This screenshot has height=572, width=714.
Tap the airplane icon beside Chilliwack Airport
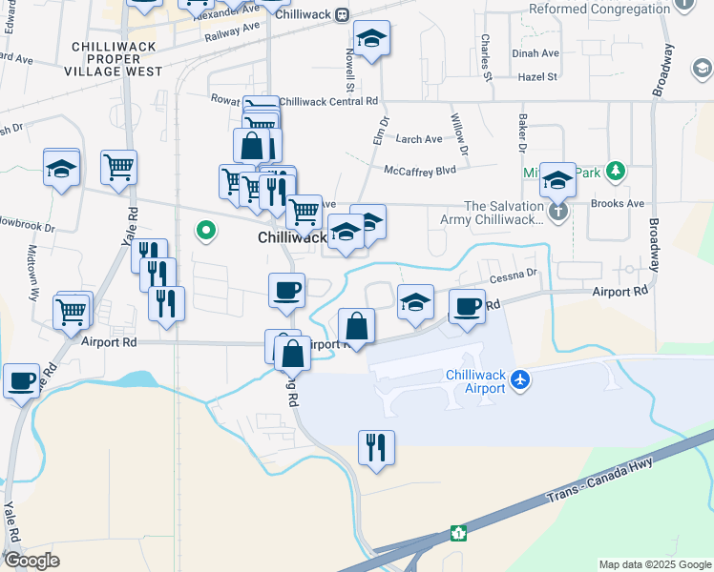pos(520,380)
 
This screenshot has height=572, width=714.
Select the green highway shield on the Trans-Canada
pos(459,533)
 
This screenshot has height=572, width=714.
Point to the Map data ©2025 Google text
pos(654,564)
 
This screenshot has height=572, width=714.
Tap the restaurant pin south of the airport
pos(376,445)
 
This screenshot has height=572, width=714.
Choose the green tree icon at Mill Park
pos(616,172)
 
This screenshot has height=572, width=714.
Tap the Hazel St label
pos(537,76)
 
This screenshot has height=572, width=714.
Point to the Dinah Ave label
pos(535,54)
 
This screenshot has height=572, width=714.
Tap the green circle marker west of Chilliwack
pos(205,230)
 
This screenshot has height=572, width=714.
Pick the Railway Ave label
pos(231,32)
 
